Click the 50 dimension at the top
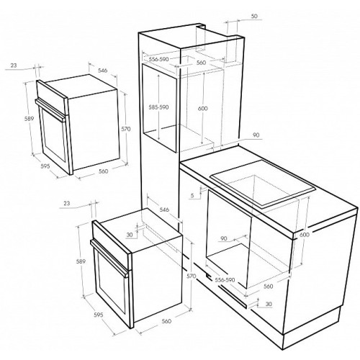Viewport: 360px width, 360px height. tap(255, 16)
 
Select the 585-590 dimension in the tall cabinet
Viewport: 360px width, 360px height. tap(158, 107)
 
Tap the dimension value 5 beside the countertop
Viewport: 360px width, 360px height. tap(192, 195)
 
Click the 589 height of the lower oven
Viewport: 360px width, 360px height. tap(81, 261)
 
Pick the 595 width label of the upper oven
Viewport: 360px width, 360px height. tap(45, 166)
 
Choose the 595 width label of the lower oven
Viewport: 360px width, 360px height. tap(99, 315)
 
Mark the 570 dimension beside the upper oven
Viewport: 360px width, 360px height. tap(126, 129)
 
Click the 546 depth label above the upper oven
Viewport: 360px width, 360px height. tap(102, 71)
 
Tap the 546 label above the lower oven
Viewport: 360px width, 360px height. tap(164, 210)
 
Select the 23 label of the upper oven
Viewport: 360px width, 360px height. tap(14, 65)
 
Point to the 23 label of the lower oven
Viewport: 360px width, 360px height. tap(67, 203)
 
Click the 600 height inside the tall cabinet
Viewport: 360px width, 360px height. tap(203, 109)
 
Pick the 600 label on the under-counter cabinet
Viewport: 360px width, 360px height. tap(305, 235)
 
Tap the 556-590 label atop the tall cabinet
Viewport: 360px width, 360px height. tap(159, 59)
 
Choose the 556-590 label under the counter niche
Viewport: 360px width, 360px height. tap(225, 280)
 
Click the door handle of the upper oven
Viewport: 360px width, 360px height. tap(50, 109)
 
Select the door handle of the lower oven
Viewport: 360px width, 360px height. tap(109, 258)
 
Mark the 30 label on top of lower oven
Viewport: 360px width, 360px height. tap(130, 235)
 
